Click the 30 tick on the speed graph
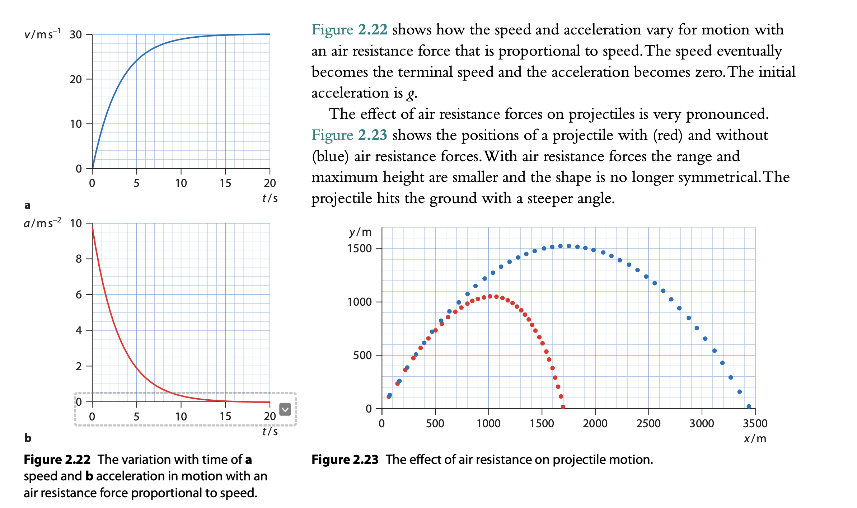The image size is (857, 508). [x=76, y=35]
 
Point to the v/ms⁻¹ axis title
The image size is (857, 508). [x=42, y=34]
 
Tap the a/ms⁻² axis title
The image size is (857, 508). [x=42, y=223]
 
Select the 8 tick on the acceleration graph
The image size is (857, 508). [x=79, y=259]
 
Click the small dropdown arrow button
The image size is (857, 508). [x=285, y=409]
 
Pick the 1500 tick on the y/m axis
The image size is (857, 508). [x=359, y=248]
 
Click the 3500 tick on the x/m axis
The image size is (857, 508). [x=755, y=423]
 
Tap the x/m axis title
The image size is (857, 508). [x=755, y=438]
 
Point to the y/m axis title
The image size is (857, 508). [x=360, y=232]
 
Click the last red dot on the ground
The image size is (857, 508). [x=563, y=407]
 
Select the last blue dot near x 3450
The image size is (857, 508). [x=749, y=406]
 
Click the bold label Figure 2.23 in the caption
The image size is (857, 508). [x=345, y=460]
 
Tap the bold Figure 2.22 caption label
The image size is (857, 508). [x=57, y=460]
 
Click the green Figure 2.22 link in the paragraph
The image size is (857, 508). [x=349, y=29]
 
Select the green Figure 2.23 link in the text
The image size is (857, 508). [x=349, y=135]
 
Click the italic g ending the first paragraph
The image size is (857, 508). [x=411, y=93]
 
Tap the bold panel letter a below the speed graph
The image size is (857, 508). [x=27, y=205]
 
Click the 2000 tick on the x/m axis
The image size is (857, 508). [x=595, y=423]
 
